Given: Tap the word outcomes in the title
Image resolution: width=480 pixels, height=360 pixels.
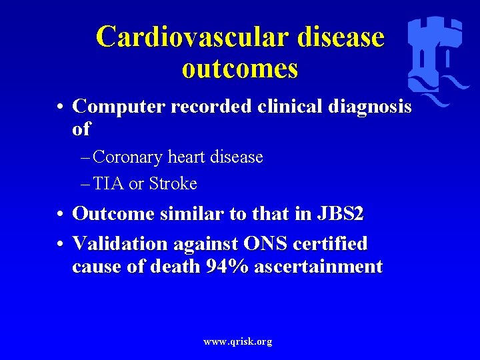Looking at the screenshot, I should coord(239,69).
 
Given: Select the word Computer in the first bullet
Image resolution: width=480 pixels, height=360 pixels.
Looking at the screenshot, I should coord(119,107).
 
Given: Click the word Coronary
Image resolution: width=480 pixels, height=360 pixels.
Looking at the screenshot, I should coord(127,157).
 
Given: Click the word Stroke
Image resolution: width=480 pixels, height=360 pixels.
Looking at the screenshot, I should coord(173,183).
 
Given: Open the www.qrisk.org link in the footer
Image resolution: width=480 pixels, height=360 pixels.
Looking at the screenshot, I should coord(237,341).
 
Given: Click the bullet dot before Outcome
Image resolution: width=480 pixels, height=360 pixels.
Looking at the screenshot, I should coord(60,215).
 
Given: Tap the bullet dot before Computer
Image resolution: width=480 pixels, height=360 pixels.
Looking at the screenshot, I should coord(60,107).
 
